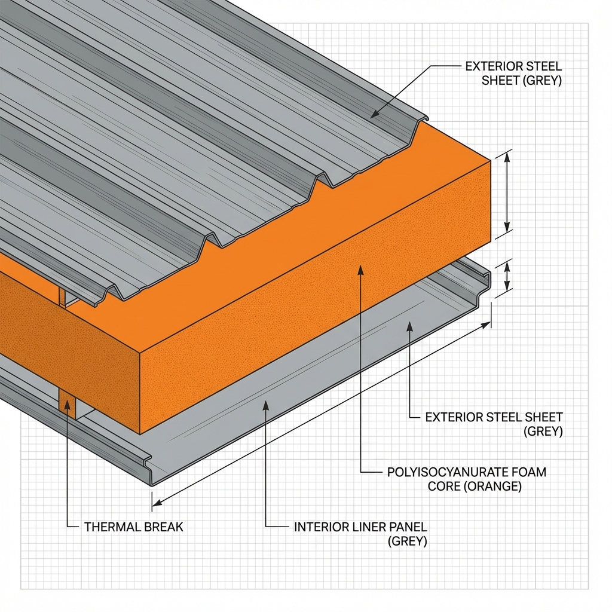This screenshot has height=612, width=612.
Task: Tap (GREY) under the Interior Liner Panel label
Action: [407, 542]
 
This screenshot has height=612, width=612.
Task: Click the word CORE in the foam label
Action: [443, 486]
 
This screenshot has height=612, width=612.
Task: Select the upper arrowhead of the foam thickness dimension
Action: [507, 157]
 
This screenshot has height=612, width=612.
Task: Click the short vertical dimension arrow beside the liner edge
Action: [507, 276]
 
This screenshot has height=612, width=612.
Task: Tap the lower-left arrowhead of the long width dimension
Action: [157, 503]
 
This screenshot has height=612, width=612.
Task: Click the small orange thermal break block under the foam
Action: [68, 404]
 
